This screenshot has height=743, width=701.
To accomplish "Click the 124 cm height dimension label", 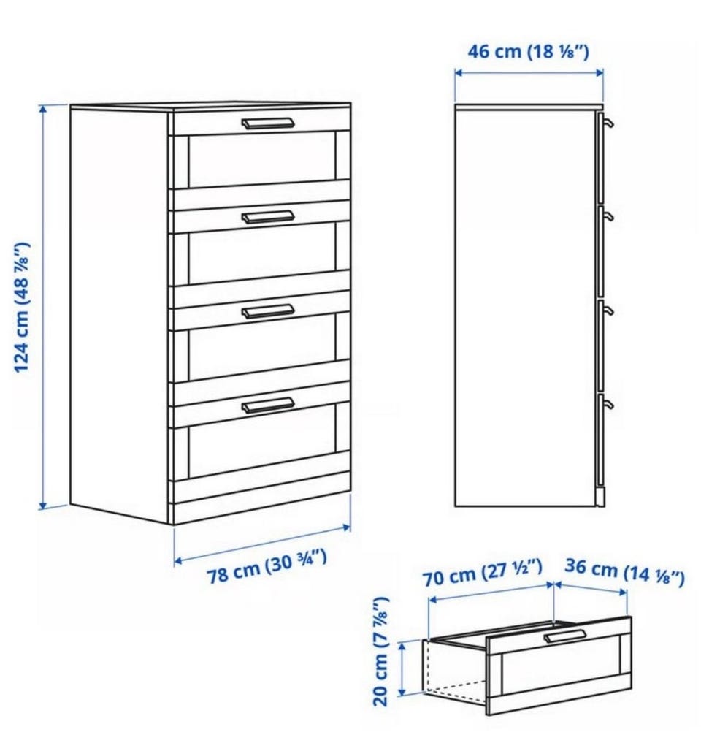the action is tap(22, 308).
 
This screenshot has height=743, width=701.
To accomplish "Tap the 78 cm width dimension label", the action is tap(267, 567).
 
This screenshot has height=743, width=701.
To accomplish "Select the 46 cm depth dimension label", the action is tap(528, 51).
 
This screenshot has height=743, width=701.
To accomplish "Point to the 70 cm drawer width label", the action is tap(483, 573).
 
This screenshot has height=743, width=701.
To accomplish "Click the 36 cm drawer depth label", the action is tap(625, 572).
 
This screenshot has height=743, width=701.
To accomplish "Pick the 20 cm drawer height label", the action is tap(381, 651).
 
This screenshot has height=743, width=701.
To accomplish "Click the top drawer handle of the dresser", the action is tap(267, 123).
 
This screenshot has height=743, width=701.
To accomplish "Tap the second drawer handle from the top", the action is tap(267, 217).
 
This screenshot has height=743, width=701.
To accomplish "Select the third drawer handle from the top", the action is tap(267, 310).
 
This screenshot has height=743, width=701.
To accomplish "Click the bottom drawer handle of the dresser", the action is tap(267, 405).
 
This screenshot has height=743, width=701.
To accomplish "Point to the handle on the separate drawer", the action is tap(564, 636).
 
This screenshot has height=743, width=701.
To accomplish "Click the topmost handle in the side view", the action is tap(608, 123).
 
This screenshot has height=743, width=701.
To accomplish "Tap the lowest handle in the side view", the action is tap(608, 405).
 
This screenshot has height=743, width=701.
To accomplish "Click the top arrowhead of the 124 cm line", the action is tap(44, 109).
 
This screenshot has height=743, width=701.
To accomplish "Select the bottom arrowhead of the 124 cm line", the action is tap(44, 506).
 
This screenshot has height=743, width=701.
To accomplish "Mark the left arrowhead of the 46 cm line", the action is tap(458, 72).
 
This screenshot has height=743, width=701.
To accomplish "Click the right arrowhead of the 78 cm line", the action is tap(347, 527).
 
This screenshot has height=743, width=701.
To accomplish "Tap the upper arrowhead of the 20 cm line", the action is tap(402, 645).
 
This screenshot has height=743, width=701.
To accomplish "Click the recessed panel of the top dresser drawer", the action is tap(262, 160).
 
